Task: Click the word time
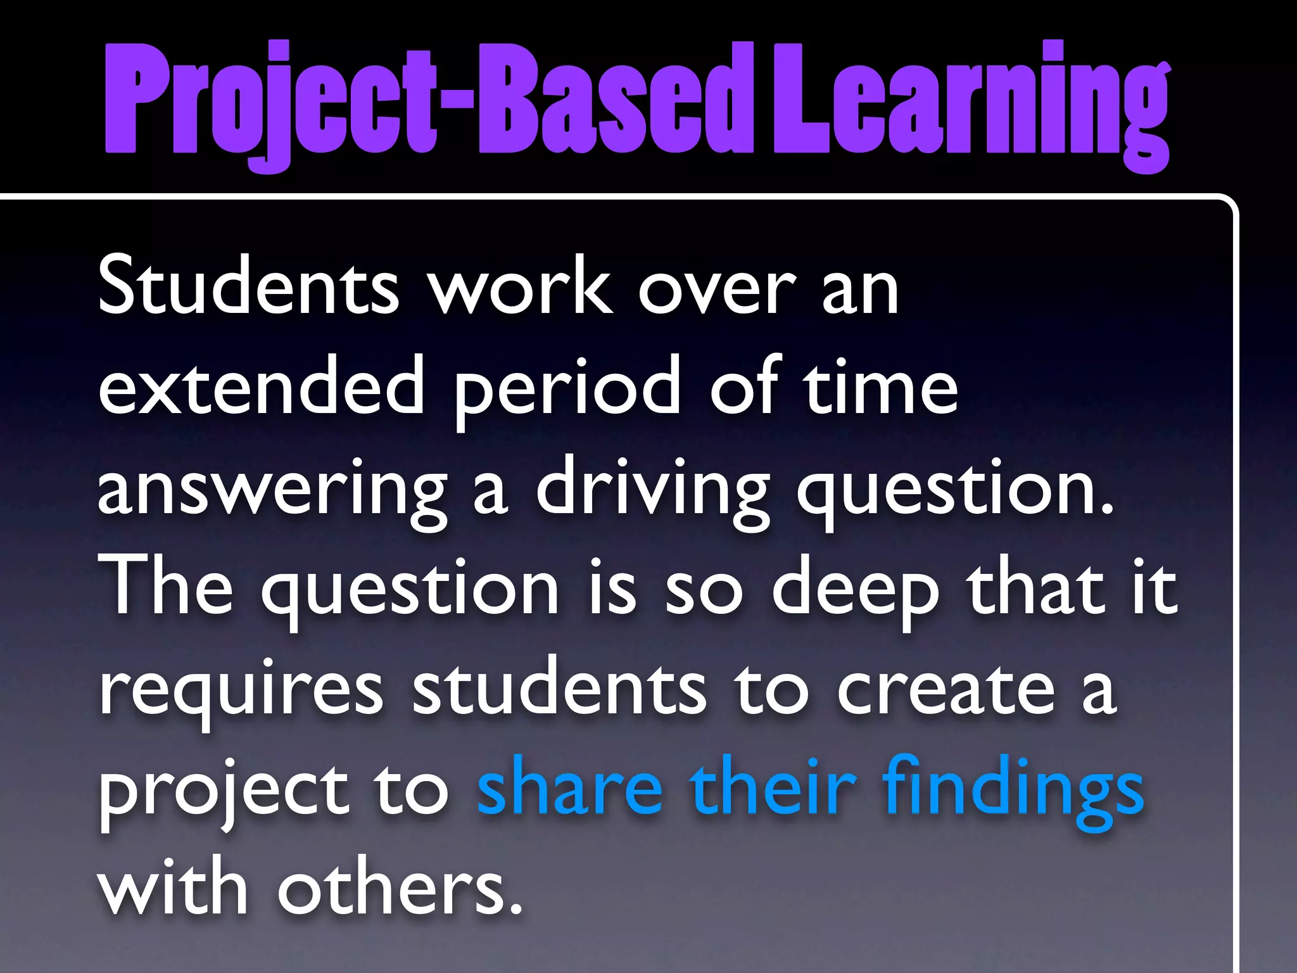click(880, 386)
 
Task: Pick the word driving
click(652, 491)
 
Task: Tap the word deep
click(855, 589)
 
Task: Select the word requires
click(241, 690)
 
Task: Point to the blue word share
click(569, 789)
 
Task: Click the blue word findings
click(1013, 789)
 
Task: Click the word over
click(716, 288)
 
